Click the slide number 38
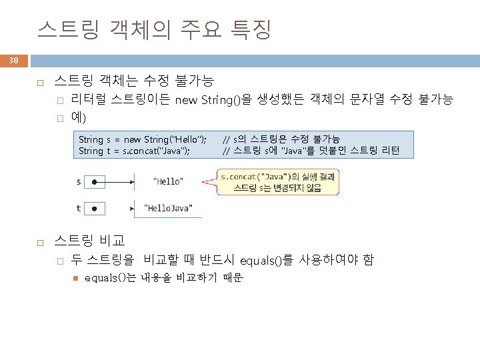click(x=14, y=61)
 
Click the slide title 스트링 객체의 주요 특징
click(x=154, y=29)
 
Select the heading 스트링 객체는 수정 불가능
click(x=133, y=82)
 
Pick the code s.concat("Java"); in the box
click(x=155, y=151)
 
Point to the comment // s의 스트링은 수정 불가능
click(x=281, y=139)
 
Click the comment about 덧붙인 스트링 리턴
click(x=311, y=151)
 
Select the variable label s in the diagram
click(x=79, y=181)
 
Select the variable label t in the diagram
click(x=79, y=207)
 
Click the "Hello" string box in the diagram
click(x=168, y=181)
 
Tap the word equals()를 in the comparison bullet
click(x=265, y=260)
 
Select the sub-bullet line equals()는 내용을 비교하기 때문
click(x=164, y=278)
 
